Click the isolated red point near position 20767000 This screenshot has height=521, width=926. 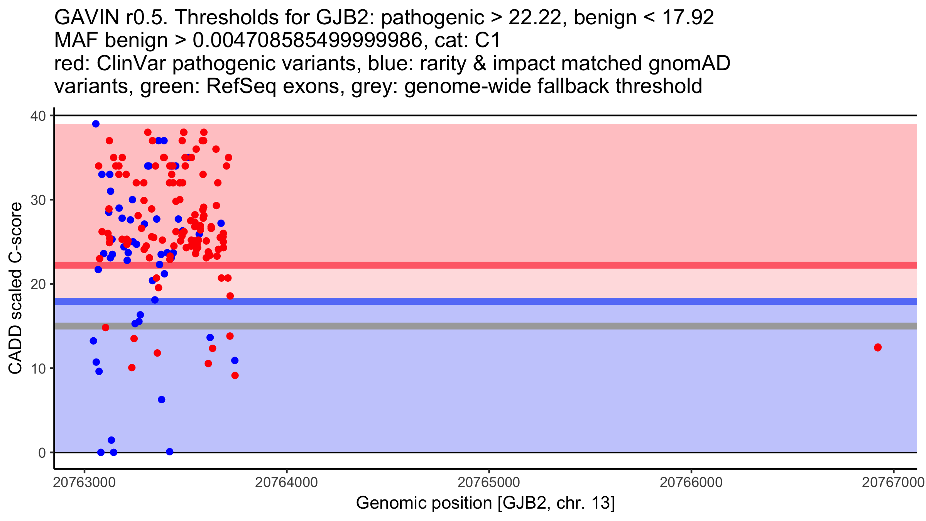(878, 347)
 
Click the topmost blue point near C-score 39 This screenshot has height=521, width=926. (96, 124)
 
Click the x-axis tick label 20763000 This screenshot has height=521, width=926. (84, 482)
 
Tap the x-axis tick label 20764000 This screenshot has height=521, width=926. (286, 482)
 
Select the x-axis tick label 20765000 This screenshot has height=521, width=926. (488, 482)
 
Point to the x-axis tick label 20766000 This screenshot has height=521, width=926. (691, 482)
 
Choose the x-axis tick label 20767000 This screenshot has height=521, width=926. (893, 482)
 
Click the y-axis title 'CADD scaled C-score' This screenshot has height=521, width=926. (15, 288)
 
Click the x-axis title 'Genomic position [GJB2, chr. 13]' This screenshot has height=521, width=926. (485, 503)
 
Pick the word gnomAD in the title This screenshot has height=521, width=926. (689, 63)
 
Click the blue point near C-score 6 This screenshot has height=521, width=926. (162, 399)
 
